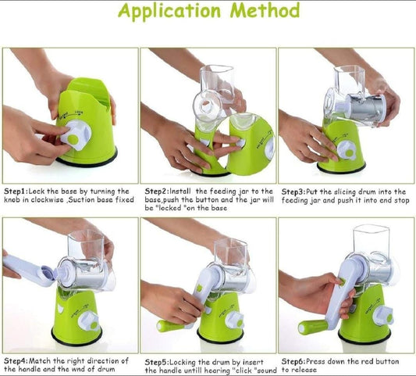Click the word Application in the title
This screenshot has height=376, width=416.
169,11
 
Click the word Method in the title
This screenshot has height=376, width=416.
265,10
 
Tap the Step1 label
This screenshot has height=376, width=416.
16,192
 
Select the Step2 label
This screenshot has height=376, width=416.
157,192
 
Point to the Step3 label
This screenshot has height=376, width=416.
293,192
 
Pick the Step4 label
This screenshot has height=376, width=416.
16,361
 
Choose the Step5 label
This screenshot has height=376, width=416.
157,363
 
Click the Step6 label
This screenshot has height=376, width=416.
293,362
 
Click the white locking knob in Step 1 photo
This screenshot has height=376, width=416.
76,135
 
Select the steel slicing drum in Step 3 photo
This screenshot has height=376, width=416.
368,108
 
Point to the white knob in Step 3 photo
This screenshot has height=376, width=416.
347,151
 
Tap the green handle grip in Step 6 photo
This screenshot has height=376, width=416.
312,327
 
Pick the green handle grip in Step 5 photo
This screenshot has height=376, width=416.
170,326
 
